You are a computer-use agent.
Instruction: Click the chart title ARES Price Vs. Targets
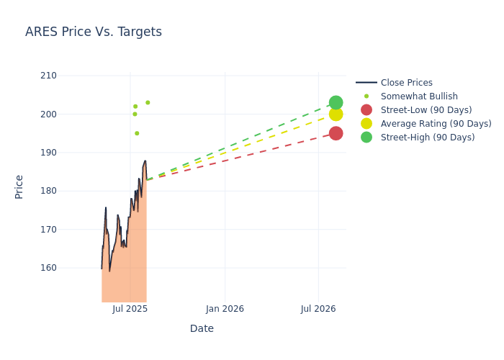click(x=94, y=32)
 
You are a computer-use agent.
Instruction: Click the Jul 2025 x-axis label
click(x=130, y=309)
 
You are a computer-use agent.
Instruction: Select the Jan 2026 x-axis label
click(x=225, y=309)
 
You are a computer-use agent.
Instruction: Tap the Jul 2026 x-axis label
click(x=318, y=309)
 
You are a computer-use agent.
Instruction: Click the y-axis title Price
click(x=19, y=186)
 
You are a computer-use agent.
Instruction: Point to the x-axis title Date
click(x=202, y=328)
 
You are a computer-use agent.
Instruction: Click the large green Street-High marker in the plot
click(x=336, y=102)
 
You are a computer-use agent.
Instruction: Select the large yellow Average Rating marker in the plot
click(x=336, y=114)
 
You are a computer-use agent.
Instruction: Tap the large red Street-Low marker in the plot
click(x=336, y=133)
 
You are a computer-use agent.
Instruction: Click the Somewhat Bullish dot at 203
click(x=148, y=102)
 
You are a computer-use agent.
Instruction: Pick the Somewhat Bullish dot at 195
click(x=137, y=133)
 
